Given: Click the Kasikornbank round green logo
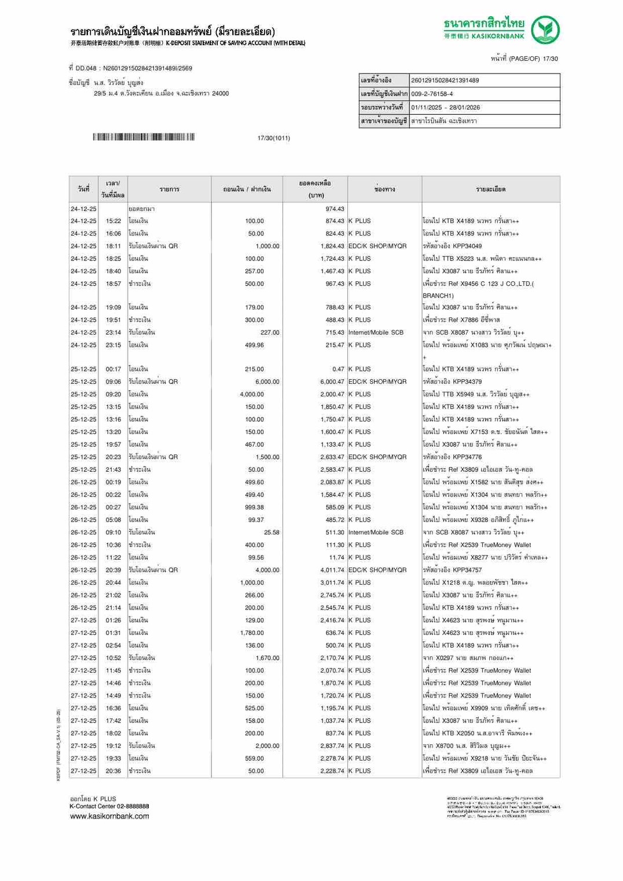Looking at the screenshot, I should [x=545, y=30].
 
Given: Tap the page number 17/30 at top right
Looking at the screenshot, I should [x=550, y=59].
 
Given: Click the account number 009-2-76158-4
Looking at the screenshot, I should [x=432, y=94].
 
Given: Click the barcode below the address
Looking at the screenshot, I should [x=143, y=137].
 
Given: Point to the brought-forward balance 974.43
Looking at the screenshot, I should [x=335, y=209].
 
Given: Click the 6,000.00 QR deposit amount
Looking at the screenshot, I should [x=267, y=382].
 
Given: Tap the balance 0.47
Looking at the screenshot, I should [x=338, y=369].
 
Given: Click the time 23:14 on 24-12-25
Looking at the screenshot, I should [x=113, y=333].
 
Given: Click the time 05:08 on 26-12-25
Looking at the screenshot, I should [x=113, y=520].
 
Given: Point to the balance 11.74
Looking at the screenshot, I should [x=336, y=558].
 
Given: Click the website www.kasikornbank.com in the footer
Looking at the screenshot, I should [x=109, y=817].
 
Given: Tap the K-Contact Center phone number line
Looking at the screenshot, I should [x=109, y=806].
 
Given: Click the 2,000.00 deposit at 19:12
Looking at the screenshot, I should [x=267, y=746].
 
